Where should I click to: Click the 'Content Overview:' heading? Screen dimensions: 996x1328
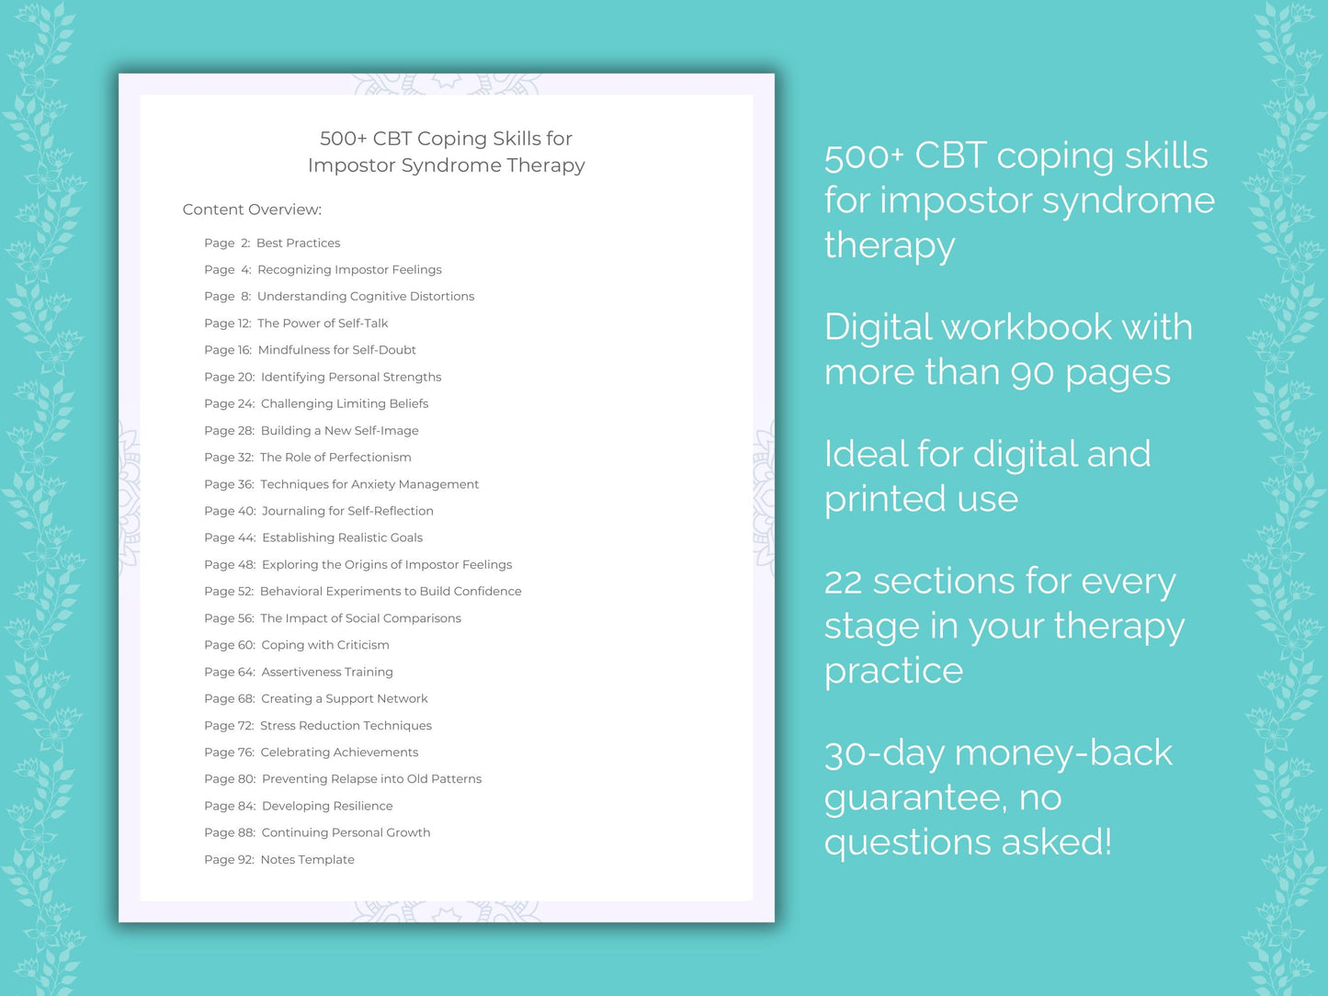tap(252, 209)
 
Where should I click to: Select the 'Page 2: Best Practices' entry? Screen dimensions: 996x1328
tap(272, 243)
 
